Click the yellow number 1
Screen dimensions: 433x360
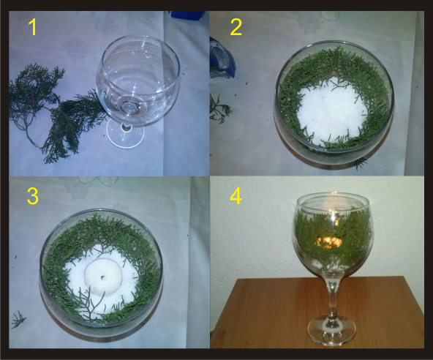33,27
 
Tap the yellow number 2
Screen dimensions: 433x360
236,28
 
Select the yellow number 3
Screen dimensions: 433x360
33,196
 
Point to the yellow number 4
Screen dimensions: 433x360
236,196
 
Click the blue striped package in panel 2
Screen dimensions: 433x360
222,59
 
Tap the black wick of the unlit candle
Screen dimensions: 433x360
102,277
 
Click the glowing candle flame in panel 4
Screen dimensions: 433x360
329,242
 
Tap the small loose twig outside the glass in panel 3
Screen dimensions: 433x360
18,320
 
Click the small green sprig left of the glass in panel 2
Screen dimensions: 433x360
219,109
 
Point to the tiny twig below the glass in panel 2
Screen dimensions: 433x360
360,164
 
